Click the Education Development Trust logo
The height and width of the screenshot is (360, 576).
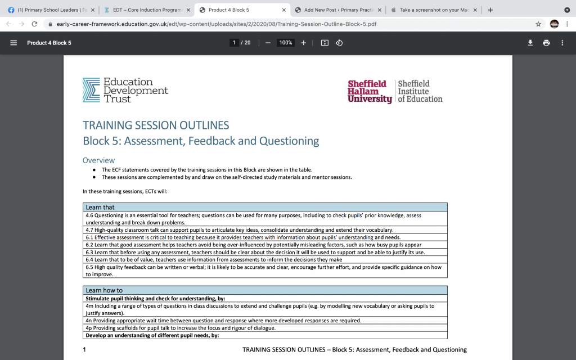coord(125,90)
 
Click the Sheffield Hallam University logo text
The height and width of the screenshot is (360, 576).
coord(367,91)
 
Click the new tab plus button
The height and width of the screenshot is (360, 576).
coord(490,10)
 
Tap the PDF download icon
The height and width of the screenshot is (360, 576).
coord(530,43)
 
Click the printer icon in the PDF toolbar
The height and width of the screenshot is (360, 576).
coord(546,43)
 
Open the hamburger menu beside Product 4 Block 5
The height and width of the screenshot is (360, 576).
coord(13,43)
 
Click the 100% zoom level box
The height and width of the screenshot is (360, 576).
coord(286,43)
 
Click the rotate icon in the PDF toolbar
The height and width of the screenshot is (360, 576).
coord(339,43)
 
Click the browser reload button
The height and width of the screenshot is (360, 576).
coord(35,24)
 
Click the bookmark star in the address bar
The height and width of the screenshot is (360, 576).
coord(538,24)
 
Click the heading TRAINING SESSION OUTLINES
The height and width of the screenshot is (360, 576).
coord(156,125)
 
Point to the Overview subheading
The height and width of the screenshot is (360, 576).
coord(98,160)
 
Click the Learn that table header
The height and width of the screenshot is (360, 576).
coord(100,207)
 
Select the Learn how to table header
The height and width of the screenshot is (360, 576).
coord(104,290)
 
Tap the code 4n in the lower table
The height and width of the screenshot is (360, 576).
coord(89,321)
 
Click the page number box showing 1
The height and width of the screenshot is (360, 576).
coord(233,43)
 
